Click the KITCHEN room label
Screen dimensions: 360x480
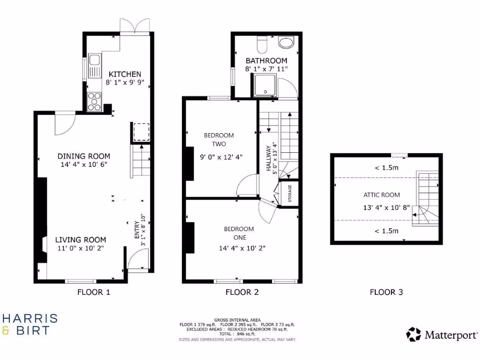pos(125,74)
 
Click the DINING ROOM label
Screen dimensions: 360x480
pos(84,156)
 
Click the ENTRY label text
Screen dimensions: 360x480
pos(137,230)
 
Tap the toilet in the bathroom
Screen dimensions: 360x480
pos(262,44)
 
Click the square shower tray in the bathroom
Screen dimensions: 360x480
pos(265,87)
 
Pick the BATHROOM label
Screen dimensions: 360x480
pos(266,60)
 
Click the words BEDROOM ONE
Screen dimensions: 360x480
pos(239,233)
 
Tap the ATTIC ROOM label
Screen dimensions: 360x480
pos(382,195)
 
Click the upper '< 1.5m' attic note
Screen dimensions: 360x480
pos(386,168)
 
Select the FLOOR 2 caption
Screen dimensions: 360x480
pos(242,292)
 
